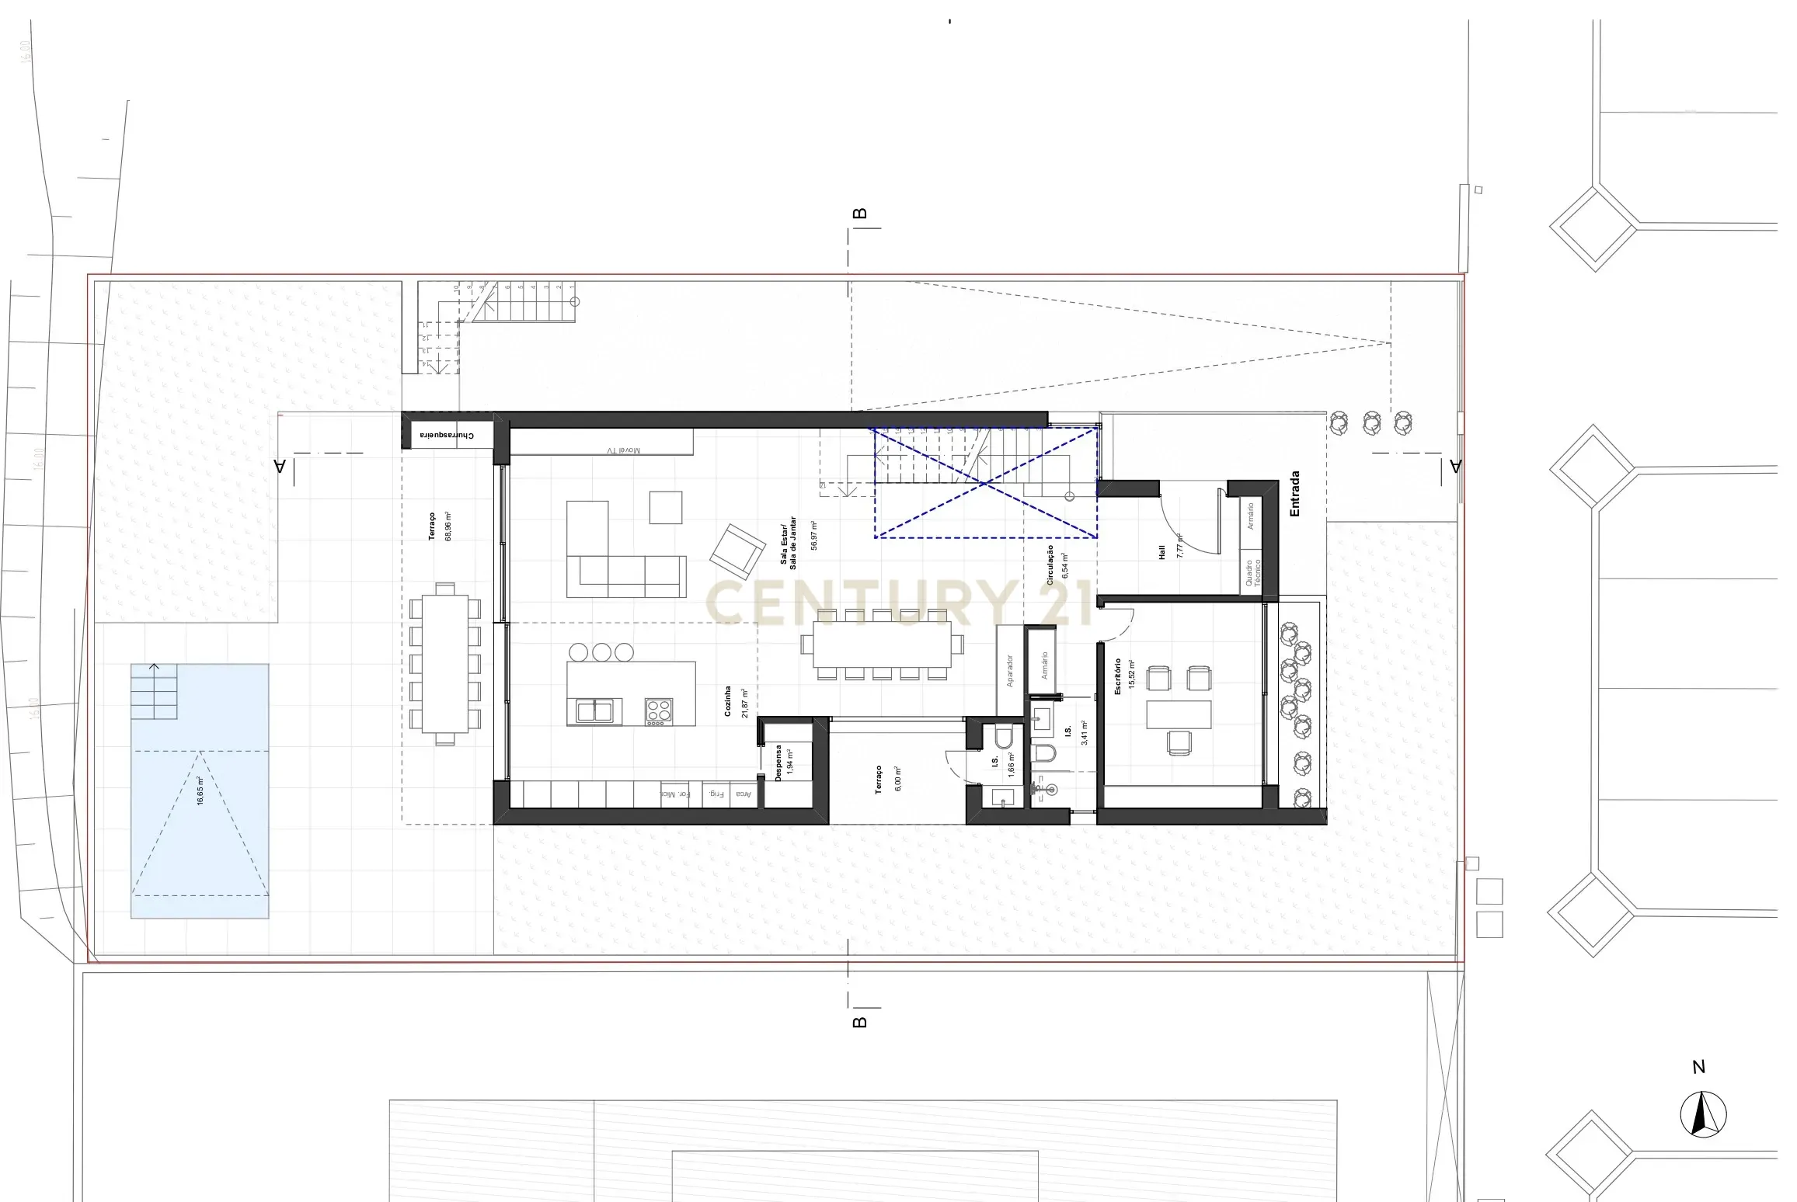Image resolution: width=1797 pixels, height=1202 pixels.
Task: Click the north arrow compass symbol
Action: coord(1703,1115)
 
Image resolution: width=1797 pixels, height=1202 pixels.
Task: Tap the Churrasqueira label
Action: coord(447,436)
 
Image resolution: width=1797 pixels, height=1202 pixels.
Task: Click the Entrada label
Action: coord(1294,494)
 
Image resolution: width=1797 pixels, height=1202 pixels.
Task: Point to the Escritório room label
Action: coord(1118,676)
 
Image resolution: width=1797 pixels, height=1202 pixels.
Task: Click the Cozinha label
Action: coord(728,701)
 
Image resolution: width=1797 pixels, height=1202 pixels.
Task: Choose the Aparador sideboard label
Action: coord(1010,671)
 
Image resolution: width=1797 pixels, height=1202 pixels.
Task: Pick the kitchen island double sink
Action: coord(594,710)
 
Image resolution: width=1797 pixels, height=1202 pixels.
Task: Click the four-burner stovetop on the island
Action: coord(658,711)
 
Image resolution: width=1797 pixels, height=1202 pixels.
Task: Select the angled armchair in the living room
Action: coord(737,551)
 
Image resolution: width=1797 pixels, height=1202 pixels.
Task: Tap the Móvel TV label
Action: coord(623,450)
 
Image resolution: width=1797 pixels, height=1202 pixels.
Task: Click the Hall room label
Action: coord(1162,552)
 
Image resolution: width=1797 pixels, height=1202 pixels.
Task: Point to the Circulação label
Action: coord(1050,565)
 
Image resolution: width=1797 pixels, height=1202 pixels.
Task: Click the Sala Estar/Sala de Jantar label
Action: coord(789,543)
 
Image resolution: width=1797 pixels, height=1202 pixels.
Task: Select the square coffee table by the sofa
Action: coord(666,507)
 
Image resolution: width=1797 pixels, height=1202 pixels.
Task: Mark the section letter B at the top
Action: coord(859,214)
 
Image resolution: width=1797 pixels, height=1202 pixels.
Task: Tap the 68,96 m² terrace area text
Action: coord(448,526)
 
